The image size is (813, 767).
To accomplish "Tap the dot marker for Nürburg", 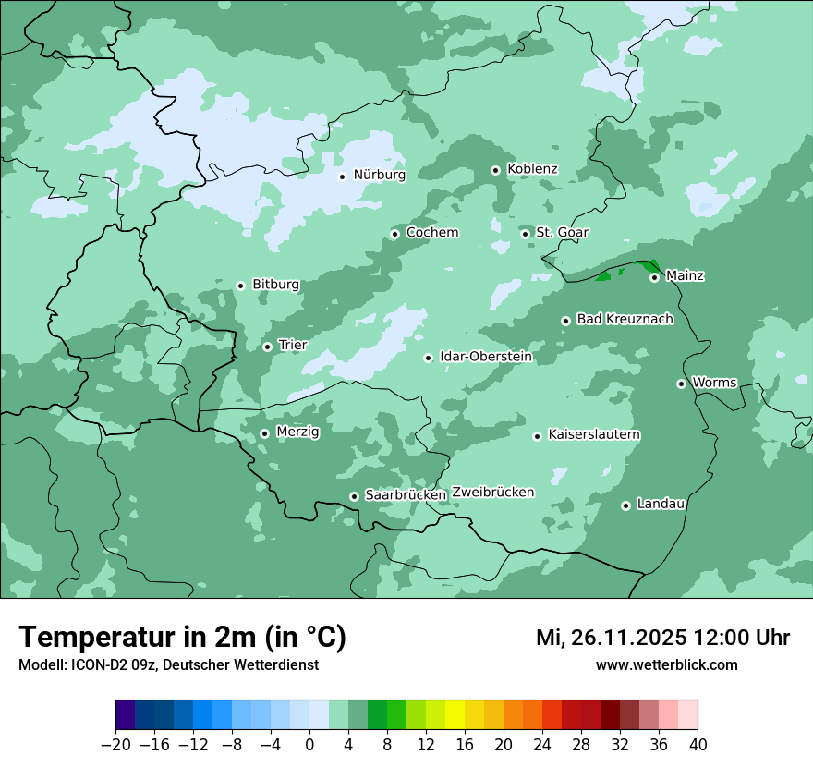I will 342,176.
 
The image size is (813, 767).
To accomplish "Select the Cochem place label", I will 431,233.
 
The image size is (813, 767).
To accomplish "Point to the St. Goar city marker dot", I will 526,234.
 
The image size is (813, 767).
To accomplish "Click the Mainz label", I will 685,276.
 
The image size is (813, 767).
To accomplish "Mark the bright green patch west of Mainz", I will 605,275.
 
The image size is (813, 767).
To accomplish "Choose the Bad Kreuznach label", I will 625,320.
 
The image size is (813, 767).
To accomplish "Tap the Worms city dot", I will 681,383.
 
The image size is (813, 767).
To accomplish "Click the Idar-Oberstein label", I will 486,357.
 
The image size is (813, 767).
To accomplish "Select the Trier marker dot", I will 267,347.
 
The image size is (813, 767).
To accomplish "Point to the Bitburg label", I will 275,285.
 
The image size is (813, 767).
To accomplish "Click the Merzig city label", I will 297,432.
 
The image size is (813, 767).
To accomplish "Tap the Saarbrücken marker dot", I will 354,496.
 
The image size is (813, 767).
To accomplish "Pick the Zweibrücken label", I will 492,493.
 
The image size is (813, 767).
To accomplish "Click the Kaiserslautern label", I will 594,435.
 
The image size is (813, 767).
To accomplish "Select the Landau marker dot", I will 625,505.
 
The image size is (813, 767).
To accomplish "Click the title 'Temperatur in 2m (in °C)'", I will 182,637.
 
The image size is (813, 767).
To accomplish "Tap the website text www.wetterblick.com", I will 666,664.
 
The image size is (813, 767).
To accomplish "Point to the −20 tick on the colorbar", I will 116,745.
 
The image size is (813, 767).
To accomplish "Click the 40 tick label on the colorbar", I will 698,745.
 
